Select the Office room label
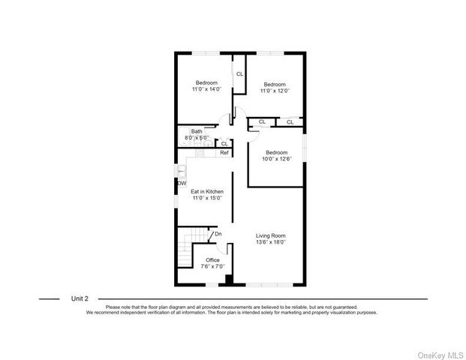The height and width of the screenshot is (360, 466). click(212, 259)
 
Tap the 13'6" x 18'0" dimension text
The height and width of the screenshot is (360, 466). click(272, 242)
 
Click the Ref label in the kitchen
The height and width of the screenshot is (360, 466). click(224, 153)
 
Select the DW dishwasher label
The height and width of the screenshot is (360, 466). click(182, 184)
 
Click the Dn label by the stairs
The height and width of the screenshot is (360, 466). click(218, 234)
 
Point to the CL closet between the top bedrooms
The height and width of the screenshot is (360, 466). click(239, 73)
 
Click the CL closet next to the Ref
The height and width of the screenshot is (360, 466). click(224, 143)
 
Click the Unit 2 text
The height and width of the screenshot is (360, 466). click(80, 298)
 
